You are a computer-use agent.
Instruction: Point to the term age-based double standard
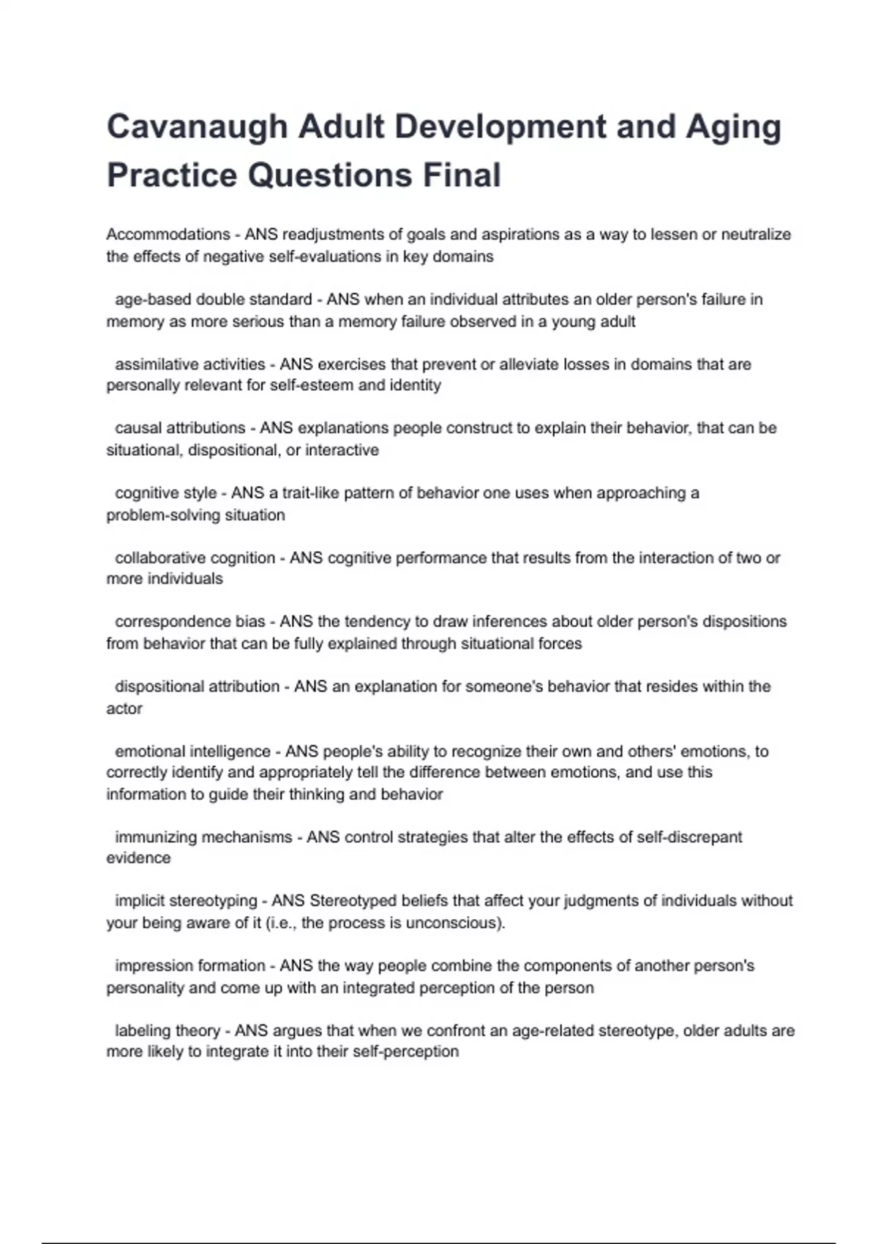[214, 299]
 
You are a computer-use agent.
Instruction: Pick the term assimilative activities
[190, 364]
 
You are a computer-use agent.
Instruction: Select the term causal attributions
[180, 427]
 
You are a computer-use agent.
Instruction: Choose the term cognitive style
[166, 492]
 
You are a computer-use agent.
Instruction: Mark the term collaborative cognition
[195, 558]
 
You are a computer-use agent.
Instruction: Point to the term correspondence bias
[190, 621]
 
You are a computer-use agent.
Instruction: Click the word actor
[124, 708]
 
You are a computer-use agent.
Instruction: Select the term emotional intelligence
[192, 751]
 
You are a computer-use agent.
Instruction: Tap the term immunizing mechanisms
[203, 836]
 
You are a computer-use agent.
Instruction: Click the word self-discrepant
[689, 836]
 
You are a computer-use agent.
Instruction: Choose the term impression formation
[190, 965]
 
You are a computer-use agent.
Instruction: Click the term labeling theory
[168, 1030]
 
